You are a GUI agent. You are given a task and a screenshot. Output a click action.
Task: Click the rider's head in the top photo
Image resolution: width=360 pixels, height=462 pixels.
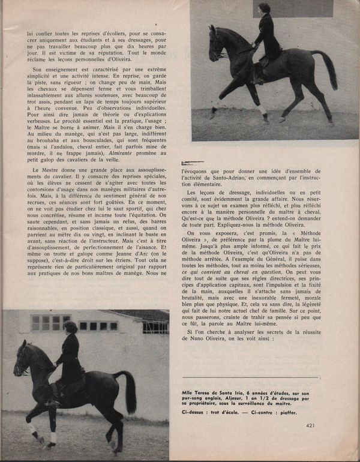[264, 9]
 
